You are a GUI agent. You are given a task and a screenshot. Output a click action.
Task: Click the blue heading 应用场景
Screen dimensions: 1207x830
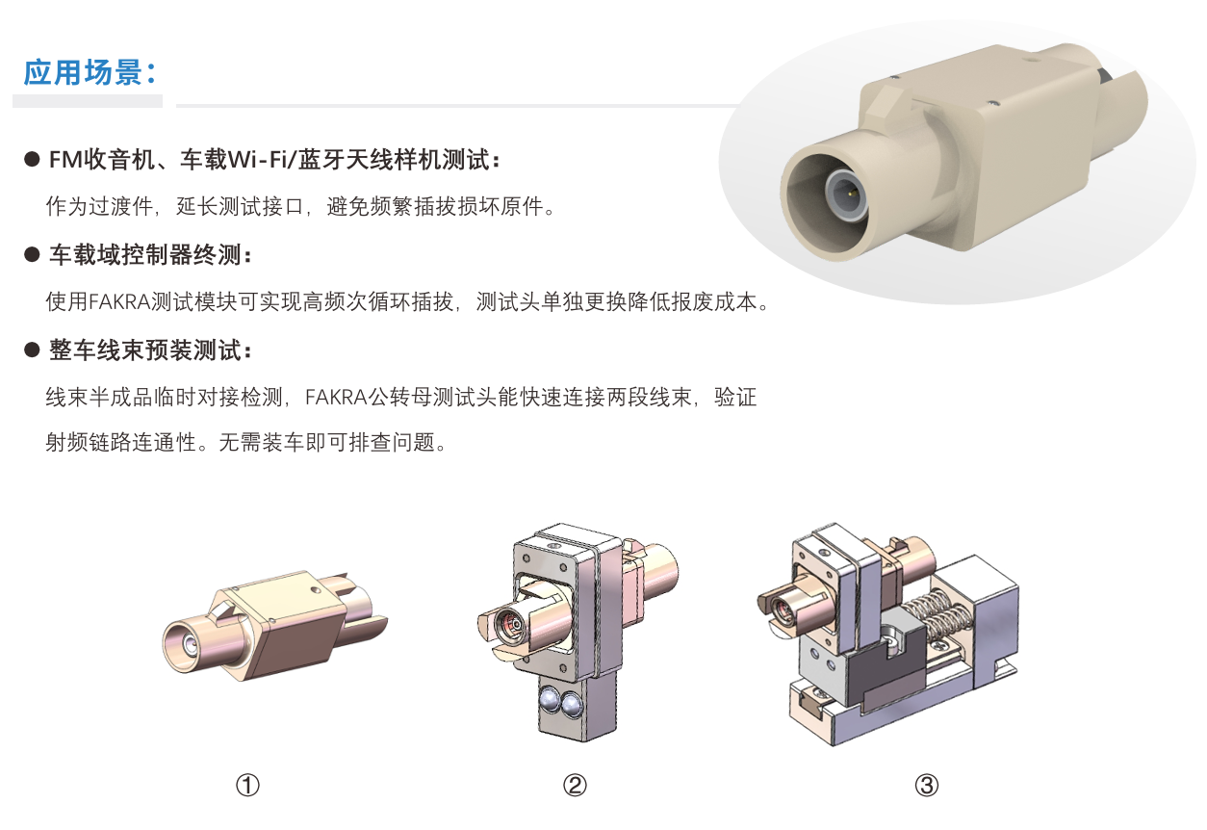click(83, 72)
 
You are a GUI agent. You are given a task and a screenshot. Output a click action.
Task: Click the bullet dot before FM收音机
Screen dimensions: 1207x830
click(33, 160)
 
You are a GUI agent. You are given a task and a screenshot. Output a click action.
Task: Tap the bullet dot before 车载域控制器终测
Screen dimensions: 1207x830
click(33, 254)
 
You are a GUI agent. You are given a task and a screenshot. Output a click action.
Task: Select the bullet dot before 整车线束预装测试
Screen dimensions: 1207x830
click(33, 350)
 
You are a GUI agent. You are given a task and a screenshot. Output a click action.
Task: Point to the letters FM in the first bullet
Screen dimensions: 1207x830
click(64, 160)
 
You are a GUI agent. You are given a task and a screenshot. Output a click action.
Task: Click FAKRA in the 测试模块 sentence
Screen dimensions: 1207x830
click(118, 301)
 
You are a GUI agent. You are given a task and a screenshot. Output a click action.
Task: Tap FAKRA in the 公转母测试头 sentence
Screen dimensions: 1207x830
click(336, 398)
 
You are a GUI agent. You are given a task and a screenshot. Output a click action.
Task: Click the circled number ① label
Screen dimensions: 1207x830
click(248, 785)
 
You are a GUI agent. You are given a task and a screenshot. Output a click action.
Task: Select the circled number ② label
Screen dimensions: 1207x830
click(575, 785)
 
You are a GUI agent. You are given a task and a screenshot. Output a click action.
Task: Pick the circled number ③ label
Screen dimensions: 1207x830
click(927, 785)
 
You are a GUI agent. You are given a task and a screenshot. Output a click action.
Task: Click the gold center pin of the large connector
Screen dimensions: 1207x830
click(850, 193)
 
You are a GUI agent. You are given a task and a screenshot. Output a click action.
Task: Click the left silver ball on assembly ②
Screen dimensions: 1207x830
click(549, 702)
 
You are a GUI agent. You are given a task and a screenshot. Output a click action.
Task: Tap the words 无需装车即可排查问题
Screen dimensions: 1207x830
click(326, 443)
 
